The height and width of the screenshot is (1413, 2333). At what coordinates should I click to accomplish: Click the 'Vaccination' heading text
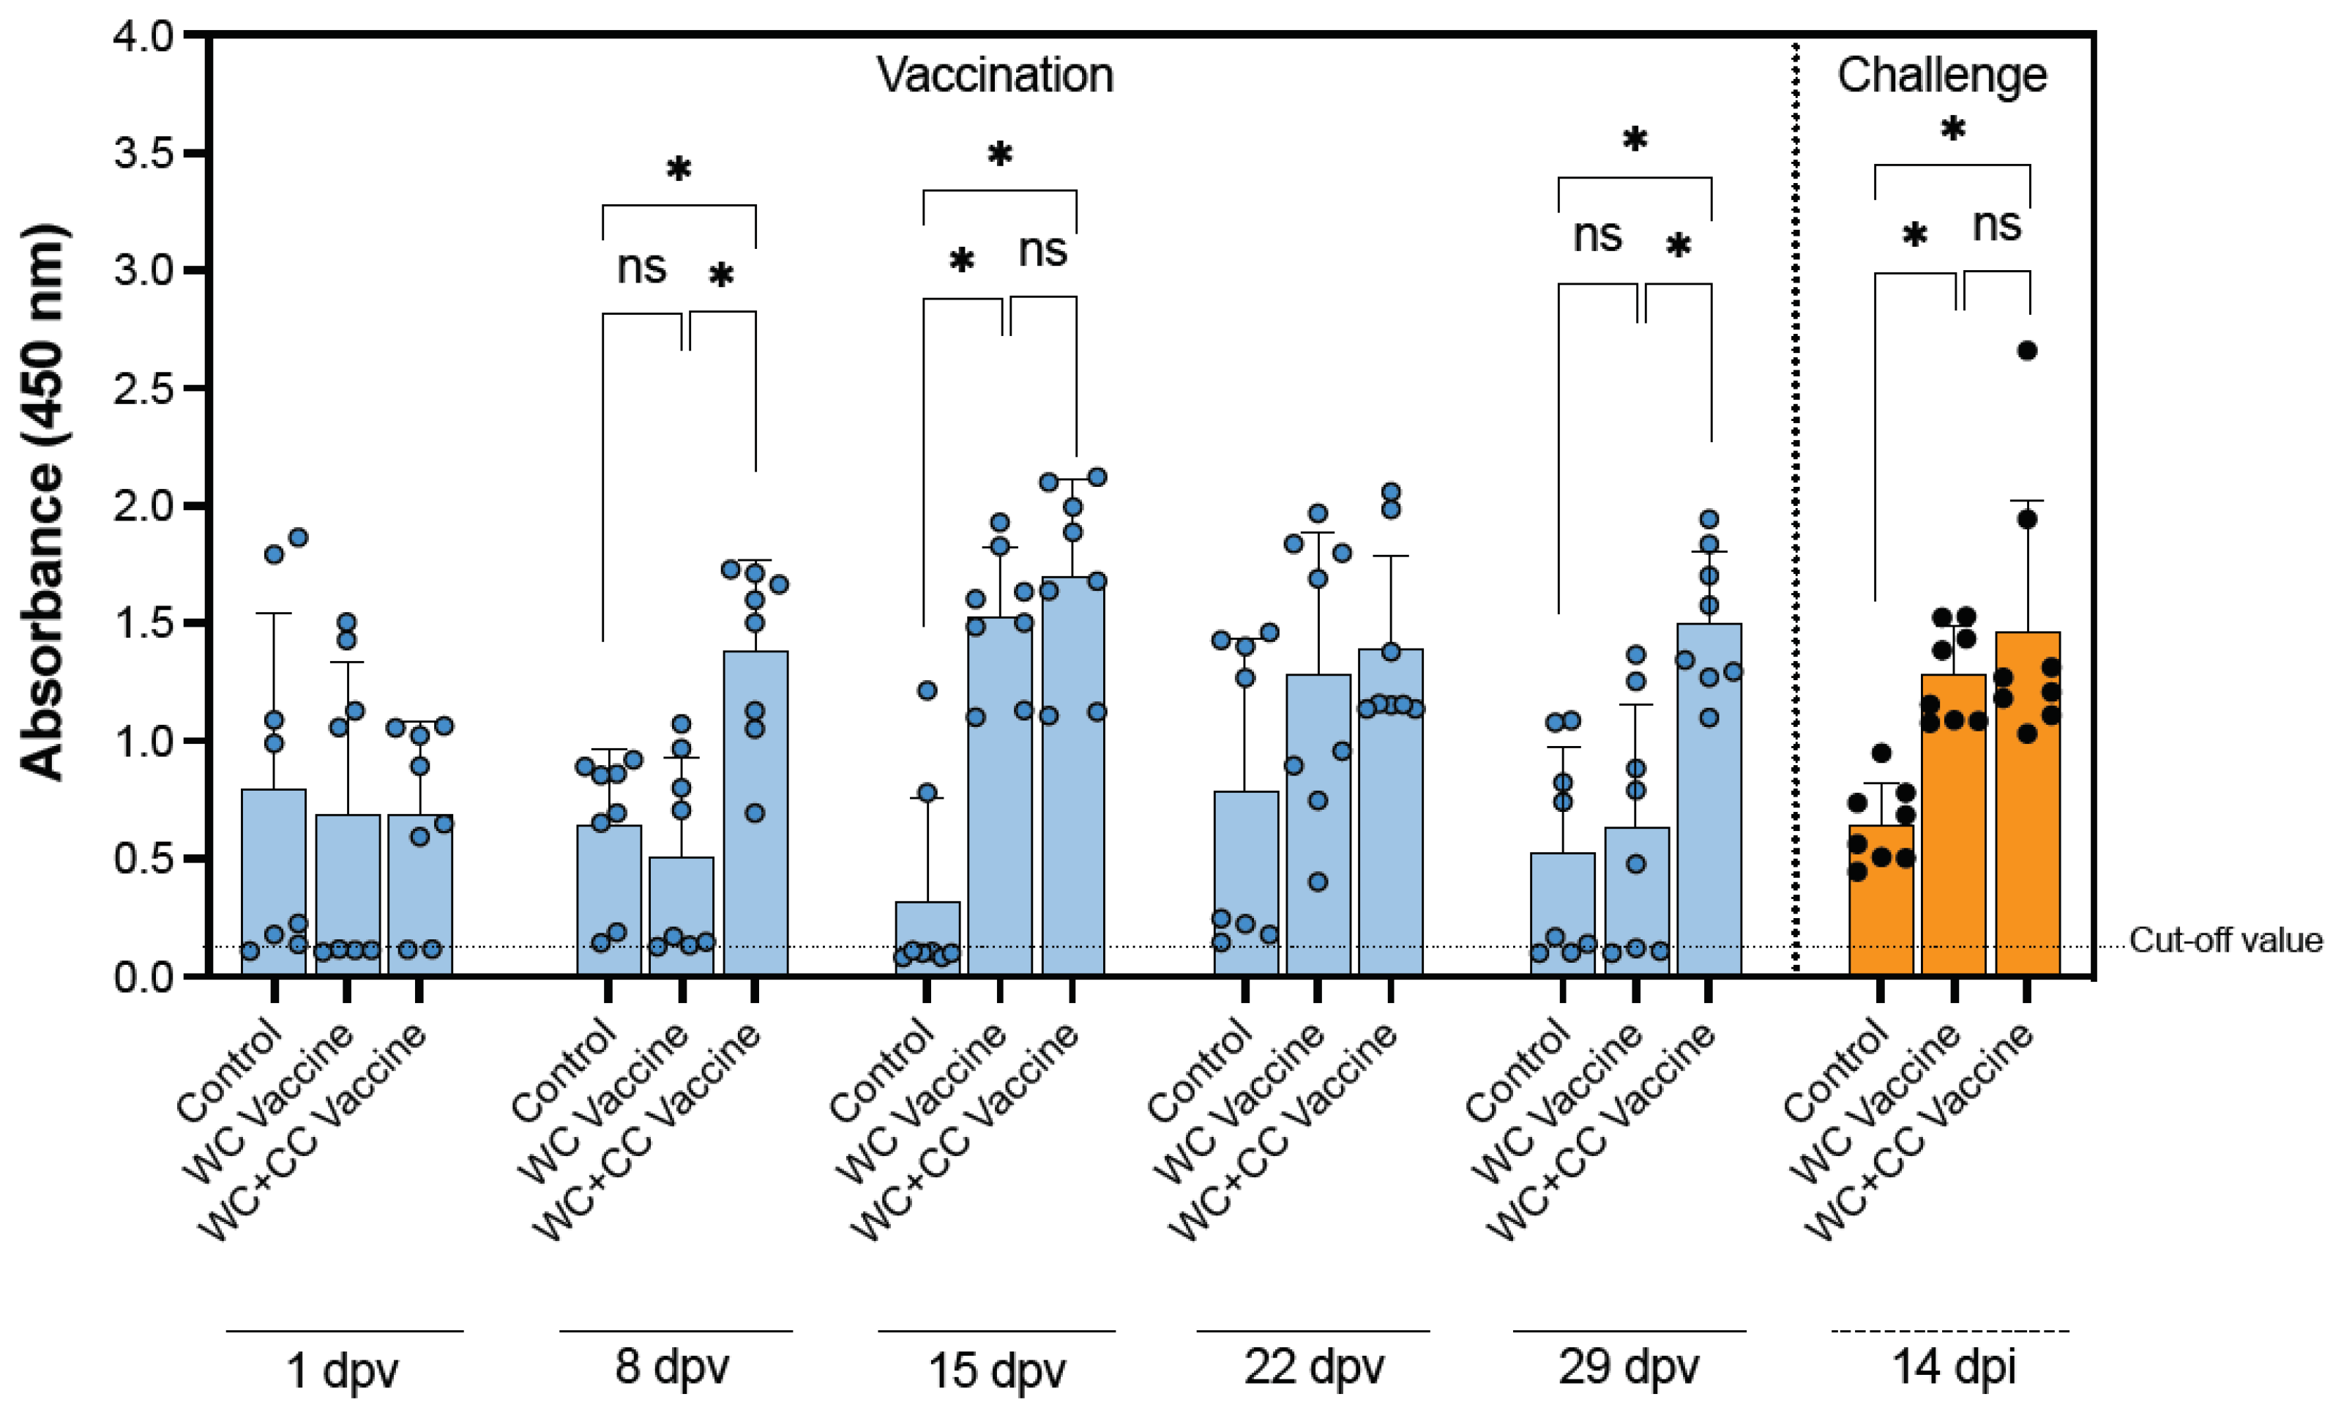(994, 75)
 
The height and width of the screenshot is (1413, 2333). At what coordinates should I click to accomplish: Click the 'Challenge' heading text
(1941, 75)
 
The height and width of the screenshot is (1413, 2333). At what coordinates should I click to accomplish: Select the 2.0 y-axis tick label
(144, 506)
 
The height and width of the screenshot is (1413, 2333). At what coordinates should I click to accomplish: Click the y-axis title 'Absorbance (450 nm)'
(42, 502)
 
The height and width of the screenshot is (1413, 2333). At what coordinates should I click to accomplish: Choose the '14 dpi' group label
(1953, 1368)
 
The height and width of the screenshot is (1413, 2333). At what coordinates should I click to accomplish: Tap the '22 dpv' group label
(1313, 1368)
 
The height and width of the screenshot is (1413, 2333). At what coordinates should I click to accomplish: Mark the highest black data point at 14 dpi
(2026, 351)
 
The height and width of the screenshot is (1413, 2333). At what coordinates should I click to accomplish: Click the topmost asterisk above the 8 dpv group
(678, 171)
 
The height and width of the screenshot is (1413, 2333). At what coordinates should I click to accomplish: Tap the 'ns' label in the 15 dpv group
(1042, 250)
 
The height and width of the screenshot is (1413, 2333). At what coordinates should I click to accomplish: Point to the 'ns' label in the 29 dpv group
(1597, 235)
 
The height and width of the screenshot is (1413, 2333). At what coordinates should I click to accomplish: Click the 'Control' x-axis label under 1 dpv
(230, 1071)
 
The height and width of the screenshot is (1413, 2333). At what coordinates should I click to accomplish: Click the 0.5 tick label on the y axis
(144, 859)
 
